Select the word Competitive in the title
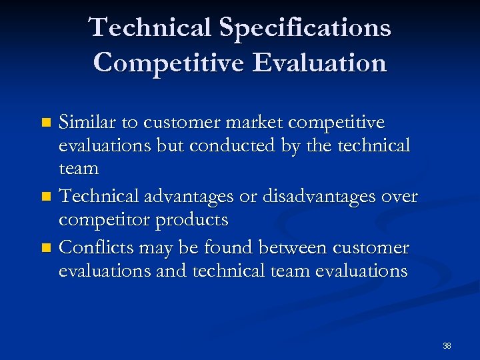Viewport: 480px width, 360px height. (169, 63)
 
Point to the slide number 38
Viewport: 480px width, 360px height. (447, 345)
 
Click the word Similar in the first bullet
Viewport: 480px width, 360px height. (87, 123)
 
